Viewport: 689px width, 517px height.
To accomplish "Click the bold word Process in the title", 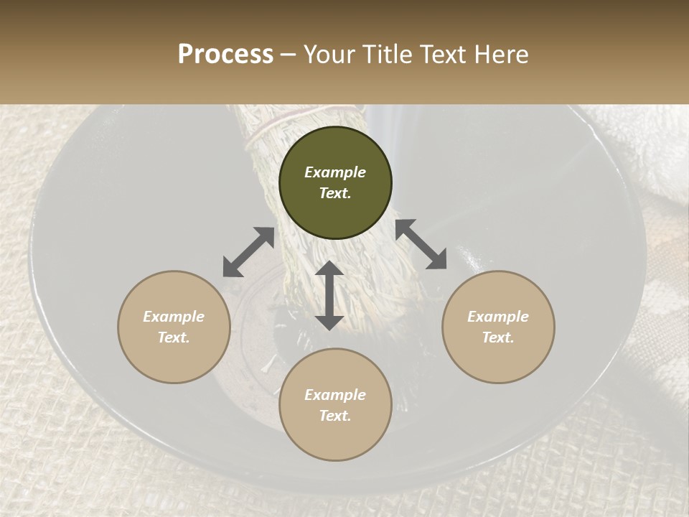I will (225, 55).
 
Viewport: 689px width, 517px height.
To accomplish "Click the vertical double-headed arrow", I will (329, 295).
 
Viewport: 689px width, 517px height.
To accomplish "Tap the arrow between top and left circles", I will (248, 252).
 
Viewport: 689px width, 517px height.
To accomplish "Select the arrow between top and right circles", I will (421, 244).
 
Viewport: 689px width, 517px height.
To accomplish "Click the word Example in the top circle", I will (335, 172).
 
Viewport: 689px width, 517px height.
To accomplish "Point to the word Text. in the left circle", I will (174, 337).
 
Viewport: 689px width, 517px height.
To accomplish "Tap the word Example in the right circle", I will (498, 317).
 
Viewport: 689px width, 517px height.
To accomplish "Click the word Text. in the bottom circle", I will (335, 416).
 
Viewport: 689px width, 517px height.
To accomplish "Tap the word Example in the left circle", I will (174, 317).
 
